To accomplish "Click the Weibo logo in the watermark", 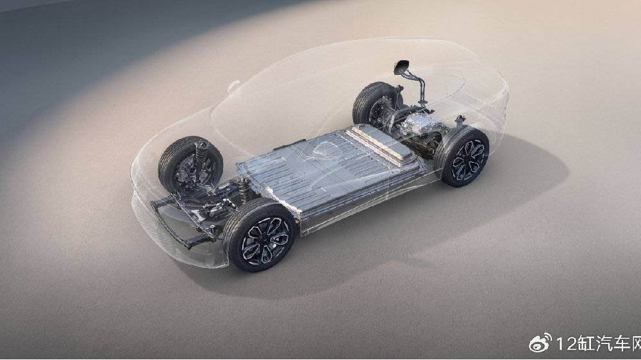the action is point(540,343).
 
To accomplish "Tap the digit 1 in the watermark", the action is point(560,343).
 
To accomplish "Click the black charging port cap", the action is point(401,67).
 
